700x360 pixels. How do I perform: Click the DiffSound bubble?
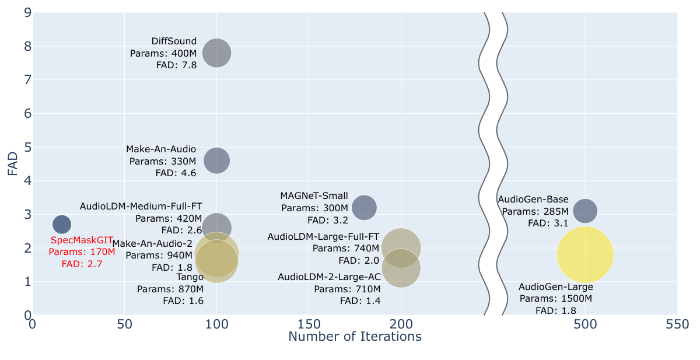(216, 53)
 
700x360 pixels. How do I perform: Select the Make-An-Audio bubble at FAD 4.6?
(216, 160)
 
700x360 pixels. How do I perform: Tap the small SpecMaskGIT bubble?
(62, 224)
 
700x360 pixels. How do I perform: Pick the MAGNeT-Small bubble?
(364, 207)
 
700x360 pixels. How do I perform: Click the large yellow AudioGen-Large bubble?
(585, 254)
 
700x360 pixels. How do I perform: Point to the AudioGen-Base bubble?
(585, 211)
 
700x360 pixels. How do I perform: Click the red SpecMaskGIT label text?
(82, 240)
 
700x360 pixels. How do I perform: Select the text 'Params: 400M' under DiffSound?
(163, 53)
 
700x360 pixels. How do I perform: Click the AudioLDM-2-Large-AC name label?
(329, 277)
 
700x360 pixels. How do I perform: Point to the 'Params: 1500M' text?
(555, 299)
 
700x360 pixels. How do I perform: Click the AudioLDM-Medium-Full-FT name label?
(141, 206)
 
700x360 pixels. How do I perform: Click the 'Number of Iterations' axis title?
(355, 337)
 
